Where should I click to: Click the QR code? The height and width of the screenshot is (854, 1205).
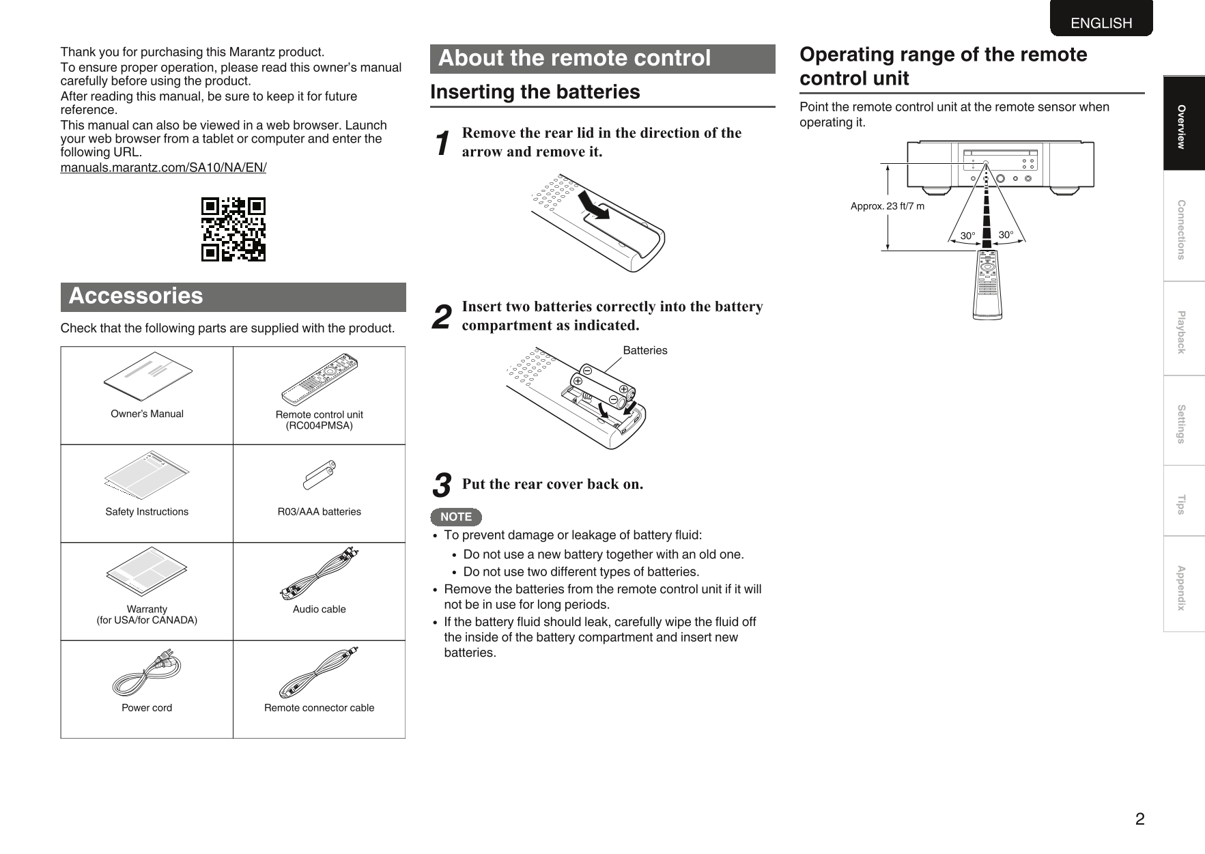click(233, 229)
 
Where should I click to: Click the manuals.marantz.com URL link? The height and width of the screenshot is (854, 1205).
click(163, 168)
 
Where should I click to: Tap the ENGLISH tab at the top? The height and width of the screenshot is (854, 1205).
click(1101, 23)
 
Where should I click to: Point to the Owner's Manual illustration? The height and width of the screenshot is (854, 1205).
click(148, 375)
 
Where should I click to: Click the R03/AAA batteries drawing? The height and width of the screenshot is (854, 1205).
click(320, 476)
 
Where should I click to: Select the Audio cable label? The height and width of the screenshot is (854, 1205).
click(320, 610)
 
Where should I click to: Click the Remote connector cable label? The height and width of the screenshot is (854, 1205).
click(320, 708)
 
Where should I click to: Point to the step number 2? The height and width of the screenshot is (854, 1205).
click(442, 317)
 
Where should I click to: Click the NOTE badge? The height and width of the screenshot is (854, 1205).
click(456, 517)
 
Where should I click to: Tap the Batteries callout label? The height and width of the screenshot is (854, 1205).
click(645, 351)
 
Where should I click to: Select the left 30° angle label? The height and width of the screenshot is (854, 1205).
click(967, 236)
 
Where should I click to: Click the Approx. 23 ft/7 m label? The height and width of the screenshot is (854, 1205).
click(888, 206)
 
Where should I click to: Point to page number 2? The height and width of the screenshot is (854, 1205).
click(1139, 819)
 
